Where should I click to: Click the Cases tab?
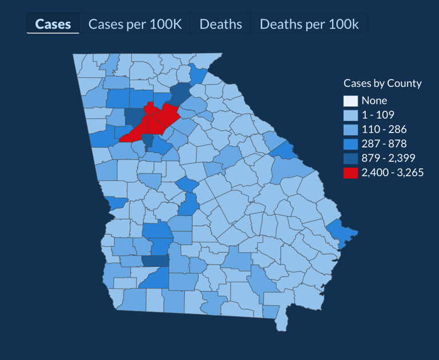click(53, 24)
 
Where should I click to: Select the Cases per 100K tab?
click(135, 24)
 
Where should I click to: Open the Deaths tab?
click(220, 24)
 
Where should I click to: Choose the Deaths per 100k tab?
click(309, 24)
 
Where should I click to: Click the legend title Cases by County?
click(382, 83)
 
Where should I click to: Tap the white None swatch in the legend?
click(351, 101)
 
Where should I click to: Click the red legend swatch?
click(351, 173)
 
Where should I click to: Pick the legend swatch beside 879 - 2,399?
click(351, 158)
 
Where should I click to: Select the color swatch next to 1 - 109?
click(351, 115)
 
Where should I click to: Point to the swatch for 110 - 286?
click(351, 129)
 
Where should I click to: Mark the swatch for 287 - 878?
click(351, 143)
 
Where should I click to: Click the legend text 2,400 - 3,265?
click(392, 173)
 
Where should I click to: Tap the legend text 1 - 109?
click(377, 115)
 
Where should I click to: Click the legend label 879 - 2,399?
click(388, 158)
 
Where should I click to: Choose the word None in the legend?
click(374, 101)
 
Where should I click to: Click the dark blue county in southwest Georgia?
click(155, 261)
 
